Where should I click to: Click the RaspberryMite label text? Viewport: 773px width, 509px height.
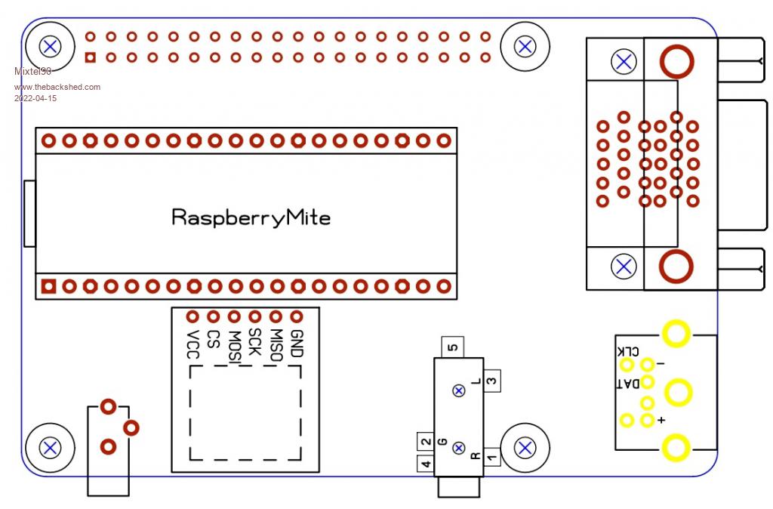coord(251,218)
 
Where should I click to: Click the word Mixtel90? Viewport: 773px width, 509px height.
coord(32,71)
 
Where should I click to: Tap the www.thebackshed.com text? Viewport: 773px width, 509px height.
coord(57,87)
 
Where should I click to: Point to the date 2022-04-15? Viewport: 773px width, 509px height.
coord(35,98)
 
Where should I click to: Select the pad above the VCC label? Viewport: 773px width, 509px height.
coord(192,317)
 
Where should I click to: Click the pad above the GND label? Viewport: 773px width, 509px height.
coord(297,317)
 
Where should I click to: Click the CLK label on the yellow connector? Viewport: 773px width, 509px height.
coord(628,351)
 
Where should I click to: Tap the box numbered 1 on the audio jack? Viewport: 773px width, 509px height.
coord(491,457)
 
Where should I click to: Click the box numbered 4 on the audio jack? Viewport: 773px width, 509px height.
coord(426,464)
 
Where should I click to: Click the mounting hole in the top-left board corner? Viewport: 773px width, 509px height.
coord(51,46)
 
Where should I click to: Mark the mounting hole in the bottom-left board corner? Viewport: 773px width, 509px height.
coord(51,448)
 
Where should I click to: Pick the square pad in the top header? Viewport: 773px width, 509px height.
coord(91,57)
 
